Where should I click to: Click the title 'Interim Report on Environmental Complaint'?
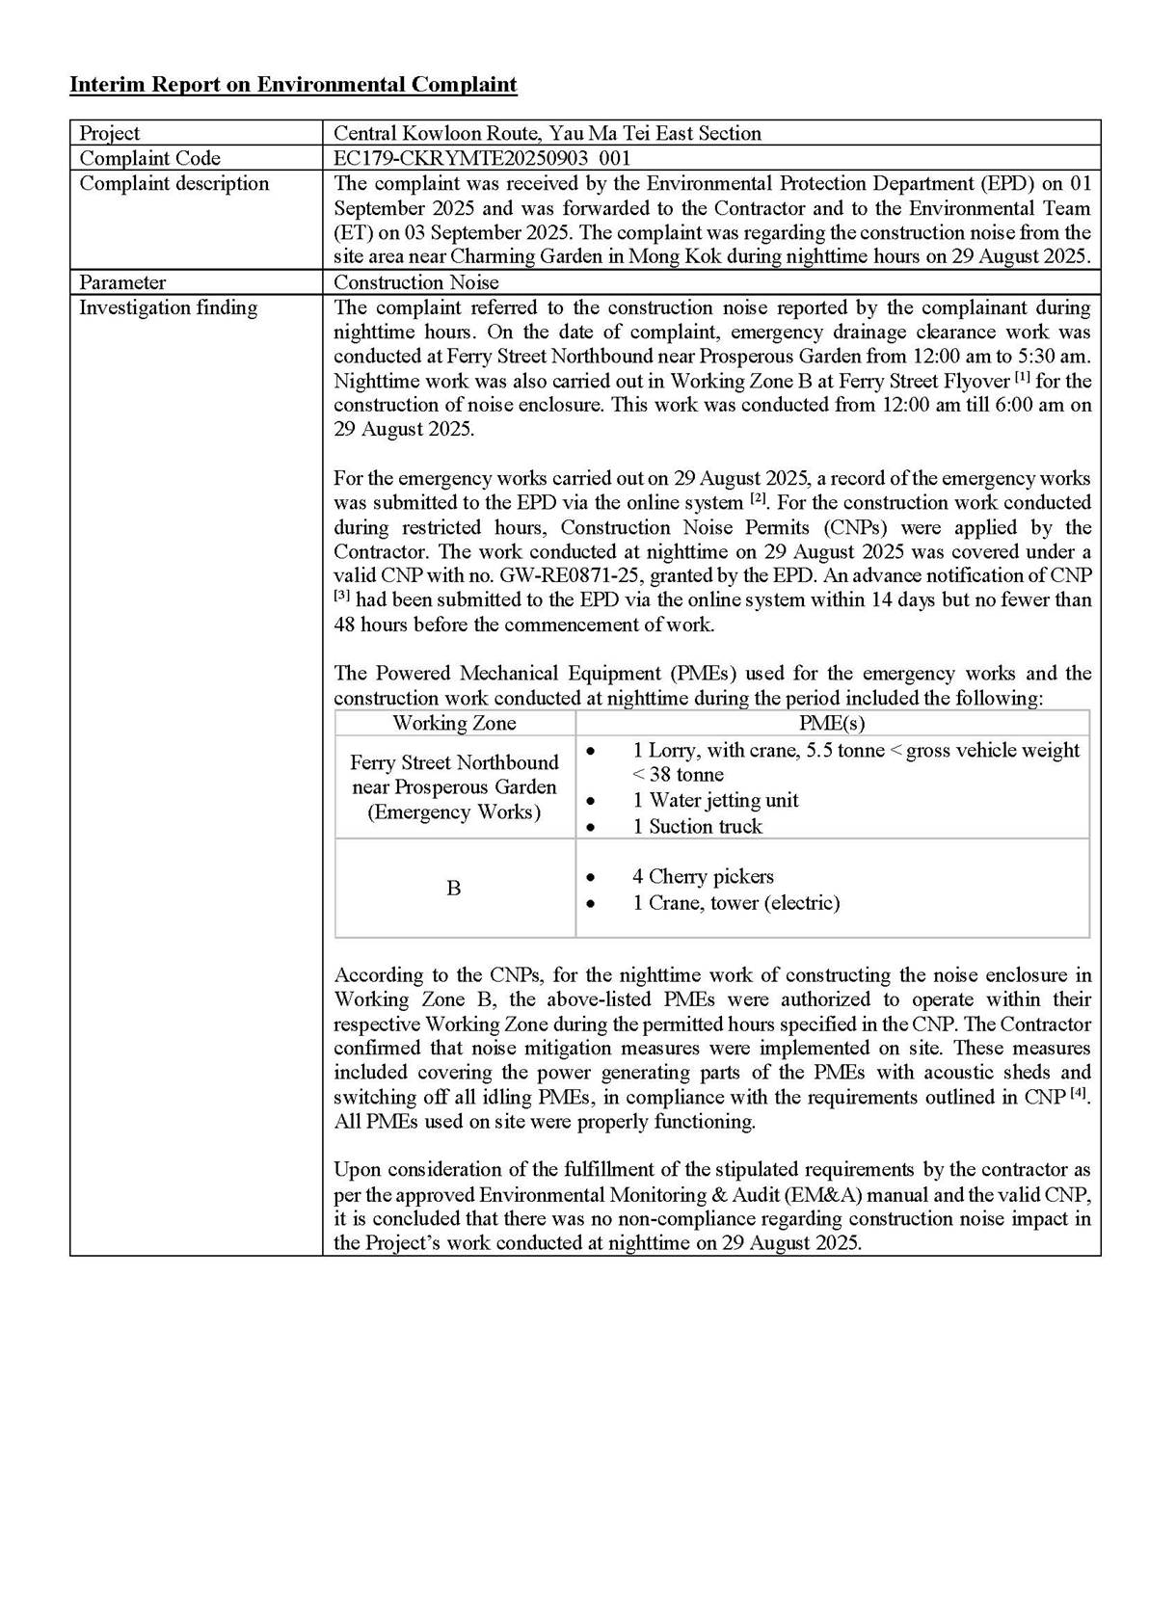(293, 85)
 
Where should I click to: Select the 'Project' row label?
(109, 133)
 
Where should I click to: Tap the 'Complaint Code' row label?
(149, 158)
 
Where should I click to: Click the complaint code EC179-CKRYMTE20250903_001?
(482, 158)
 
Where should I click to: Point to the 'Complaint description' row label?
(174, 183)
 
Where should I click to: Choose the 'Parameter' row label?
(122, 282)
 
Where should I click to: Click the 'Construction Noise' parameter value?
(416, 282)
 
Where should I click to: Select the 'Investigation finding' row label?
(168, 307)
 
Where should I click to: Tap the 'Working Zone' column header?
(454, 723)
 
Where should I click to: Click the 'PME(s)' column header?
(832, 723)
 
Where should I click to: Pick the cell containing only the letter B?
(454, 889)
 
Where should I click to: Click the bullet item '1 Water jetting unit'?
(715, 800)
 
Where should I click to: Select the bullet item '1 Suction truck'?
(697, 826)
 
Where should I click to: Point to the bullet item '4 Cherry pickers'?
(703, 876)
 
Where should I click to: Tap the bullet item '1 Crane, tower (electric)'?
(735, 902)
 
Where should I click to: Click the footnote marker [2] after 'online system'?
(758, 499)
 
